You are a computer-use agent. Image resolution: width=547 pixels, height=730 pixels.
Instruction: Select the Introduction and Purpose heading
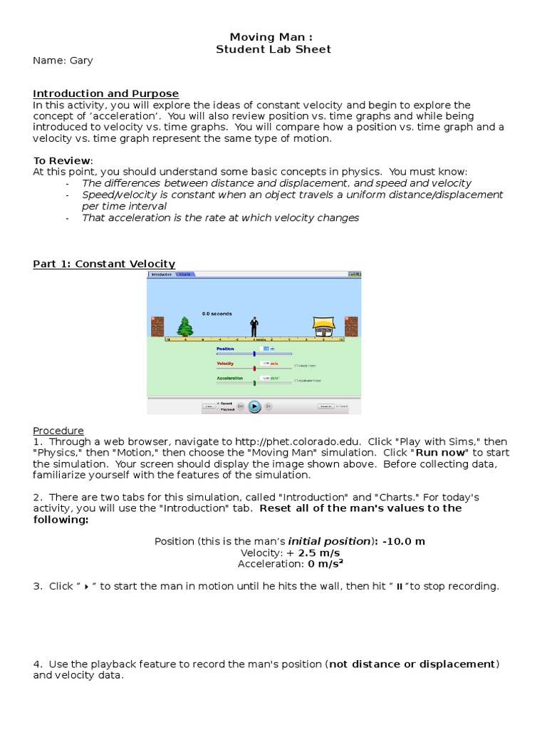(106, 93)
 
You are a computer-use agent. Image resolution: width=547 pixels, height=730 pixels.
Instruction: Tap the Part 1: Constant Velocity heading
(104, 264)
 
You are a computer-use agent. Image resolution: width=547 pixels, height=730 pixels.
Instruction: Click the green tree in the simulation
(184, 327)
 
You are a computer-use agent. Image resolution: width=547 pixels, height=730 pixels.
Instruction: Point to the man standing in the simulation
(254, 327)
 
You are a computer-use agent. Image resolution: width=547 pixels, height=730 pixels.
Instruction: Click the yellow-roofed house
(324, 326)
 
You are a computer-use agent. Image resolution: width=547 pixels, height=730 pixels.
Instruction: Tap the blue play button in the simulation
(254, 406)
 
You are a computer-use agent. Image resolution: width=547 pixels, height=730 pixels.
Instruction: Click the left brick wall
(157, 326)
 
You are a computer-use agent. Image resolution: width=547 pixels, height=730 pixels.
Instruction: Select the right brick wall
(351, 326)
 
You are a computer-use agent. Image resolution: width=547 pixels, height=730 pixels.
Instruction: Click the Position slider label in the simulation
(225, 349)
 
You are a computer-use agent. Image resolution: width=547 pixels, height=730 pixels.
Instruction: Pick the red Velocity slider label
(225, 364)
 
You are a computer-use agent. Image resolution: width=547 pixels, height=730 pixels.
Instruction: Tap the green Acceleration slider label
(229, 379)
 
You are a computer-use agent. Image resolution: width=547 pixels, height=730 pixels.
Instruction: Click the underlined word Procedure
(58, 431)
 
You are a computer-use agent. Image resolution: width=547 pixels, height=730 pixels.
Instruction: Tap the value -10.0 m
(402, 541)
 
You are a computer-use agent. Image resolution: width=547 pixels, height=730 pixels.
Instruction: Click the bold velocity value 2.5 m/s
(319, 552)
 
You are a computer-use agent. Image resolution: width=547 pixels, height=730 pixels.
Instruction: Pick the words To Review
(63, 160)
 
